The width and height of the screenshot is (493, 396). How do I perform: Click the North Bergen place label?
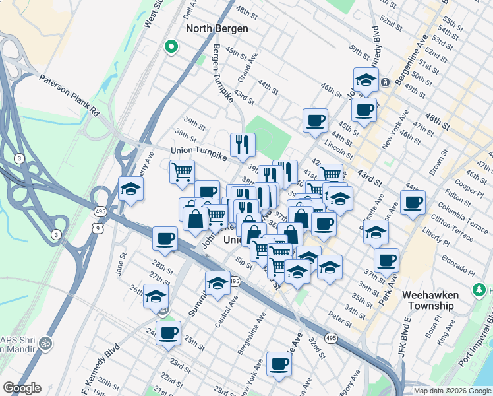tap(217, 28)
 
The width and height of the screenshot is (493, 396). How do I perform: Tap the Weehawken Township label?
tap(430, 300)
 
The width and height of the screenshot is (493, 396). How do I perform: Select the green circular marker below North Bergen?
tap(171, 47)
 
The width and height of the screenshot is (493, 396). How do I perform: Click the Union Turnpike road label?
tap(198, 151)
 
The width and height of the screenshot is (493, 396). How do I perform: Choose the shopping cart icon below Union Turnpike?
tap(182, 172)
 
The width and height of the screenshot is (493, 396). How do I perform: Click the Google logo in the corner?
tap(21, 388)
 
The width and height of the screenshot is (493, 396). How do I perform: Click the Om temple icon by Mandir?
tap(47, 343)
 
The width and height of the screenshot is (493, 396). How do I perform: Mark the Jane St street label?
tap(121, 264)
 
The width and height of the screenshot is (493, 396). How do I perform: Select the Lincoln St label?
tap(341, 150)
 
